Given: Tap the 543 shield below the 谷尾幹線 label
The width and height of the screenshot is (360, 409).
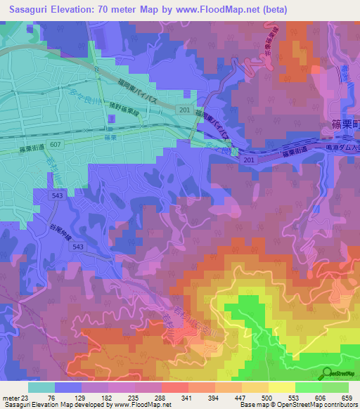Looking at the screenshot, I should tap(78, 247).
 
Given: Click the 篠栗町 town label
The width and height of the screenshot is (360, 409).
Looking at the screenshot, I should tap(345, 124).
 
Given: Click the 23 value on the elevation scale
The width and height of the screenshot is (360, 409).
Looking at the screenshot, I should tap(22, 398).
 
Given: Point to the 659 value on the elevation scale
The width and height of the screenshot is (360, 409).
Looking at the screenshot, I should tap(346, 398).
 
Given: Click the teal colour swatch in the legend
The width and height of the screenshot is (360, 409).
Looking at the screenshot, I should tap(41, 387).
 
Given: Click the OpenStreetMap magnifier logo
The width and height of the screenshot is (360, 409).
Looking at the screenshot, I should tap(326, 373).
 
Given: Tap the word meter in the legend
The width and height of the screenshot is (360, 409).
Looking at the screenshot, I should tap(8, 398).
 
